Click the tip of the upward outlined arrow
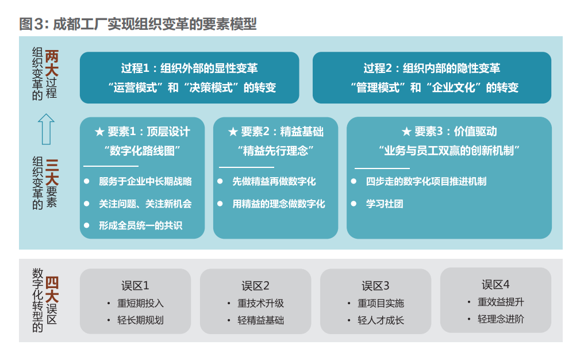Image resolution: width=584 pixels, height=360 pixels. tap(46, 114)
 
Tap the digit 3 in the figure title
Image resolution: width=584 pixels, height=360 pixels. tap(39, 24)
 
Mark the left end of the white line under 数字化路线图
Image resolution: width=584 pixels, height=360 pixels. tap(83, 166)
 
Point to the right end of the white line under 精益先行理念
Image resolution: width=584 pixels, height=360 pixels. tap(274, 167)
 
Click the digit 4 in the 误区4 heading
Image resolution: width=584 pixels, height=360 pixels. tap(506, 284)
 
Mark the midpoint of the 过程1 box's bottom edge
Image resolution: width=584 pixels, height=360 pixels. tap(189, 104)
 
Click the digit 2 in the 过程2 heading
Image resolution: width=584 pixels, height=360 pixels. tap(389, 68)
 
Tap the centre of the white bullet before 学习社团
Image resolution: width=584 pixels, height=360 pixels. tap(354, 204)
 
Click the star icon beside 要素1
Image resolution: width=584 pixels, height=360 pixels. tap(99, 132)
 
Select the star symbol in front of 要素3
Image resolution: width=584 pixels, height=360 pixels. tap(406, 131)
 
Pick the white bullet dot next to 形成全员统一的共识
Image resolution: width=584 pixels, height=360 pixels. tap(86, 225)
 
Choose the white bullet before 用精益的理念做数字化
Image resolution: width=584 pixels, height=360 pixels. tap(220, 204)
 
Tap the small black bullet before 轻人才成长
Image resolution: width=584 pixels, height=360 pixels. tap(348, 320)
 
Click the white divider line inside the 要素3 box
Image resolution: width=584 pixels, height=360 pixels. tap(382, 168)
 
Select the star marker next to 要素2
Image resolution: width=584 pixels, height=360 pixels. tap(233, 132)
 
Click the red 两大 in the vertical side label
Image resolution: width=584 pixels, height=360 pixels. tap(52, 63)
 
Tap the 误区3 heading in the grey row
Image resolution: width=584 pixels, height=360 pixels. tap(375, 286)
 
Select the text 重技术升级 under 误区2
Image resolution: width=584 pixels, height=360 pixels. tap(261, 303)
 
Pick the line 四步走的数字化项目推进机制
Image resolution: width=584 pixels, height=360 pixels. tap(426, 182)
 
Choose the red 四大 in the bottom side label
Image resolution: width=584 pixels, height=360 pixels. tap(52, 290)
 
